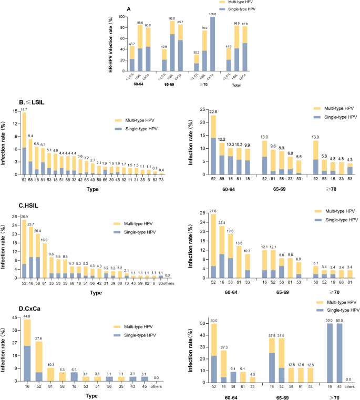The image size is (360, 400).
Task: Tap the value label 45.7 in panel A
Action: tap(132, 44)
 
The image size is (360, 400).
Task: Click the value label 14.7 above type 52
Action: tap(24, 109)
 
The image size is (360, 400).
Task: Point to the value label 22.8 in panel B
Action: tap(213, 111)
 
